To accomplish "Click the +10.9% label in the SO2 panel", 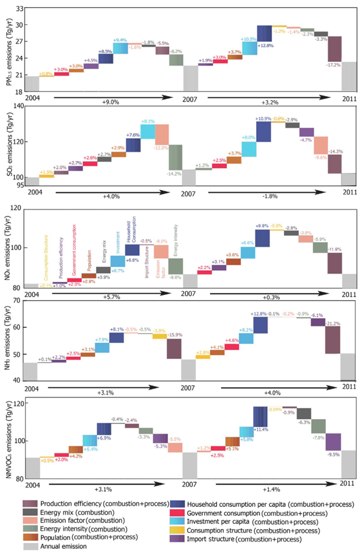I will tap(263, 119).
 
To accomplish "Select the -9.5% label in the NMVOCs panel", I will tap(333, 455).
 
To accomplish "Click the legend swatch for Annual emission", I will tap(32, 547).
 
